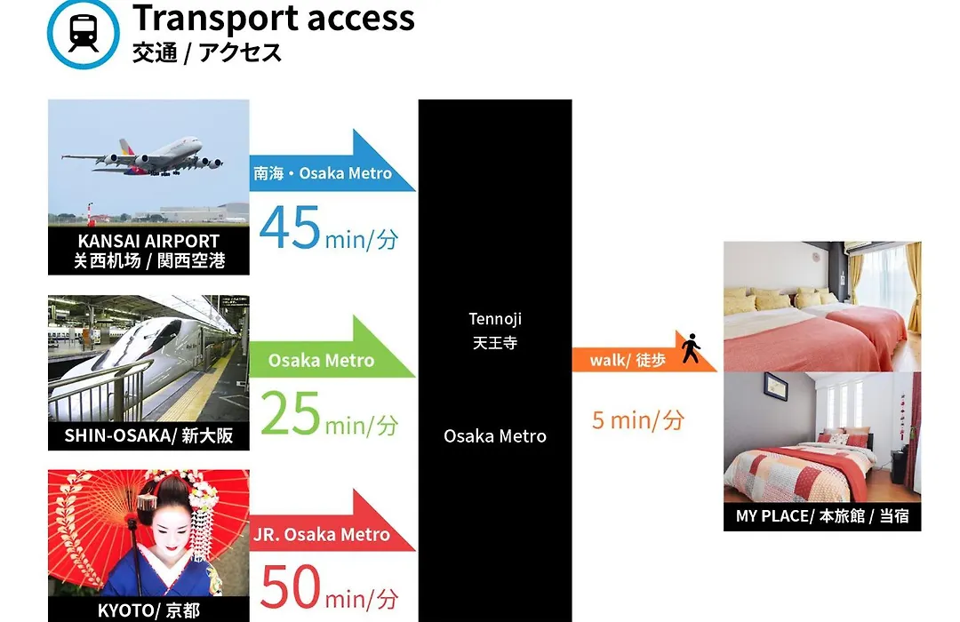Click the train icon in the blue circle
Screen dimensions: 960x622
pos(84,34)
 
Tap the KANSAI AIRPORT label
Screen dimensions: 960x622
pos(148,241)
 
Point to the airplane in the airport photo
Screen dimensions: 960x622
pos(142,155)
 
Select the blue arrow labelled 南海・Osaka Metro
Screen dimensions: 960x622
pos(332,163)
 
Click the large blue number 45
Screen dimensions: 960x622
pos(290,227)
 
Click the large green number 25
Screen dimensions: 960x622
pos(290,413)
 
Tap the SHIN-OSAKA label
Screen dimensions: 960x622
pos(148,435)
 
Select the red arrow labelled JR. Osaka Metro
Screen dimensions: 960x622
pos(332,522)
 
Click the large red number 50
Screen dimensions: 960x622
pos(290,586)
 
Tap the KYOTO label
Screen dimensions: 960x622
pos(148,610)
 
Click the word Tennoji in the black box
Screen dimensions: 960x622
pos(495,319)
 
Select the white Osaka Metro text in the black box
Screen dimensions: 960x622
pos(495,436)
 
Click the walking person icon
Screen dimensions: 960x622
pos(692,347)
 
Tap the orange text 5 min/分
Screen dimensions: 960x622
pos(638,420)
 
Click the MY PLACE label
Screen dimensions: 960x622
pos(822,516)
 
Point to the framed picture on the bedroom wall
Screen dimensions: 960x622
pos(776,387)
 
